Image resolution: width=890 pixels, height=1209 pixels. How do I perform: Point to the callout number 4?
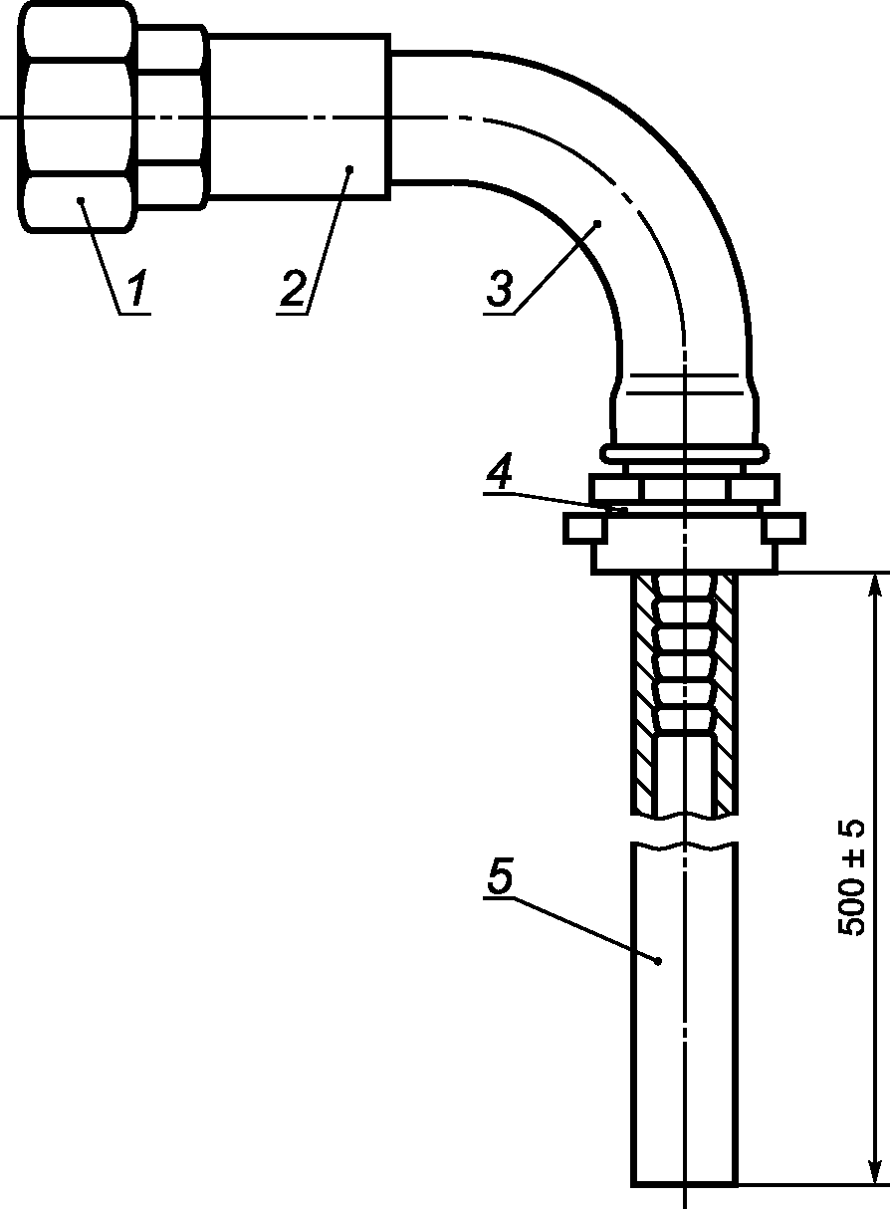point(499,471)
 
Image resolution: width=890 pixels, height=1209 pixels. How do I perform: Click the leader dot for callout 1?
point(81,200)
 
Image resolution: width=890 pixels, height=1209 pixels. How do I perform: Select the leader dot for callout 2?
point(349,169)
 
